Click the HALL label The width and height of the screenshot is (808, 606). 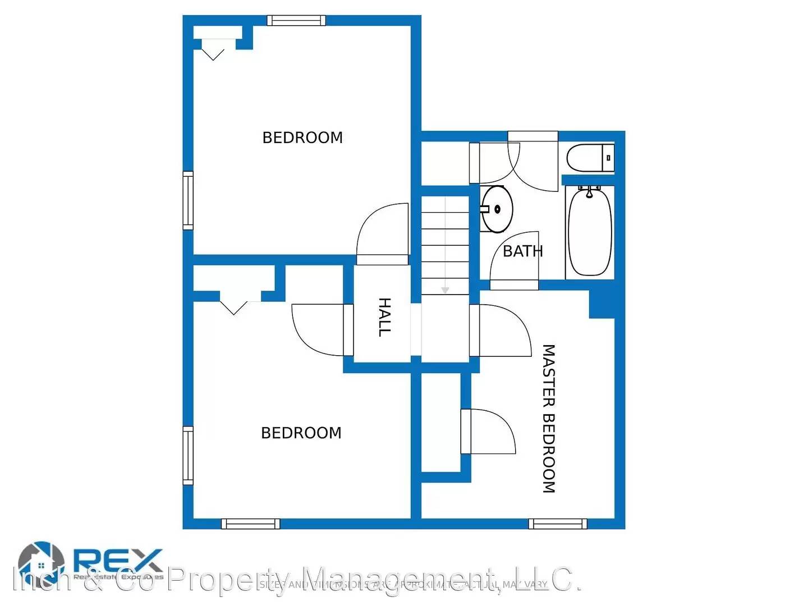pyautogui.click(x=384, y=317)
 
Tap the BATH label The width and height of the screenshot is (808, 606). pyautogui.click(x=522, y=251)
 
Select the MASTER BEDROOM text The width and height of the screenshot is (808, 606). pyautogui.click(x=548, y=419)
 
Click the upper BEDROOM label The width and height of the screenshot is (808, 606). pyautogui.click(x=302, y=137)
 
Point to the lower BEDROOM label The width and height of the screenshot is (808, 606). pyautogui.click(x=301, y=433)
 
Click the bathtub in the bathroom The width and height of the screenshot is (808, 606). pyautogui.click(x=589, y=231)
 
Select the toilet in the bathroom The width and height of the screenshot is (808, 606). pyautogui.click(x=589, y=158)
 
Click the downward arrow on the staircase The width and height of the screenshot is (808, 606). pyautogui.click(x=445, y=290)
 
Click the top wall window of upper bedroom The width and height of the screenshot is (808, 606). pyautogui.click(x=296, y=21)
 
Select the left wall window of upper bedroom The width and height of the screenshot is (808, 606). pyautogui.click(x=188, y=200)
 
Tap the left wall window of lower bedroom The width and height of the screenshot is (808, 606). pyautogui.click(x=188, y=455)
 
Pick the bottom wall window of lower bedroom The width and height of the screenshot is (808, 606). pyautogui.click(x=250, y=524)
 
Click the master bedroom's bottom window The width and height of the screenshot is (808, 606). pyautogui.click(x=558, y=524)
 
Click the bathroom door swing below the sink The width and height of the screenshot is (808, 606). pyautogui.click(x=513, y=259)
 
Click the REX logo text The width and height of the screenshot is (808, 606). pyautogui.click(x=118, y=559)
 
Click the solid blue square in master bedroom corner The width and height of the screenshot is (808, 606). pyautogui.click(x=602, y=304)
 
